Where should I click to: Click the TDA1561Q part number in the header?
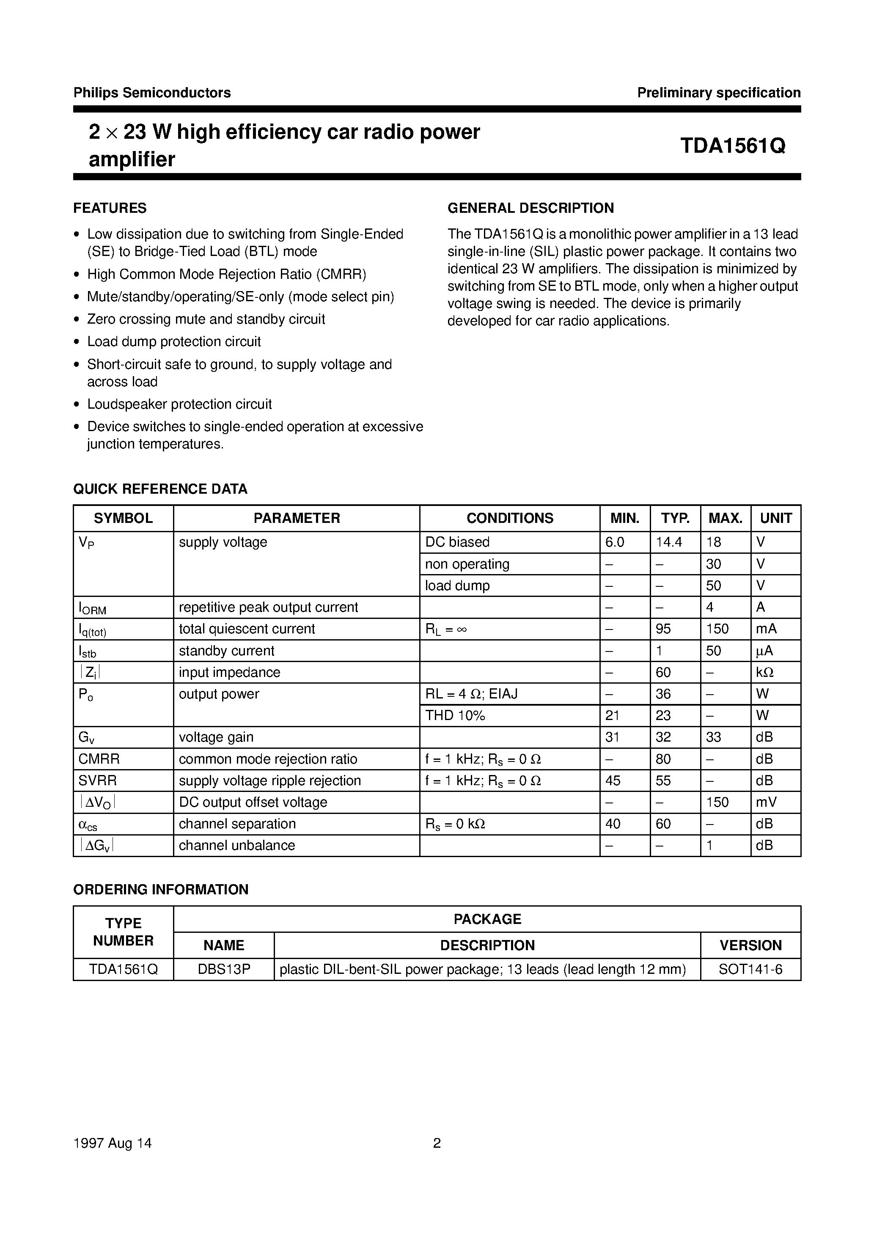[732, 146]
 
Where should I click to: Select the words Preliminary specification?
[718, 93]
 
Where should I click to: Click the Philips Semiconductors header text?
[152, 93]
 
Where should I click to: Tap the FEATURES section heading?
[110, 208]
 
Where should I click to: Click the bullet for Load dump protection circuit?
[77, 342]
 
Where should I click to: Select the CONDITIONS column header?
[509, 518]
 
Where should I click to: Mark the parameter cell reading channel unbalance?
[236, 845]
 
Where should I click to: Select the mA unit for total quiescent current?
[766, 629]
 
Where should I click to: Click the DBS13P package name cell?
[224, 969]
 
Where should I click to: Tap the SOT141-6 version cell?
[750, 969]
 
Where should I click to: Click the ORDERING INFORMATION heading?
[161, 890]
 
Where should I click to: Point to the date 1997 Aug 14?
[112, 1143]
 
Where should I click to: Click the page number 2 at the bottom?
[437, 1143]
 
